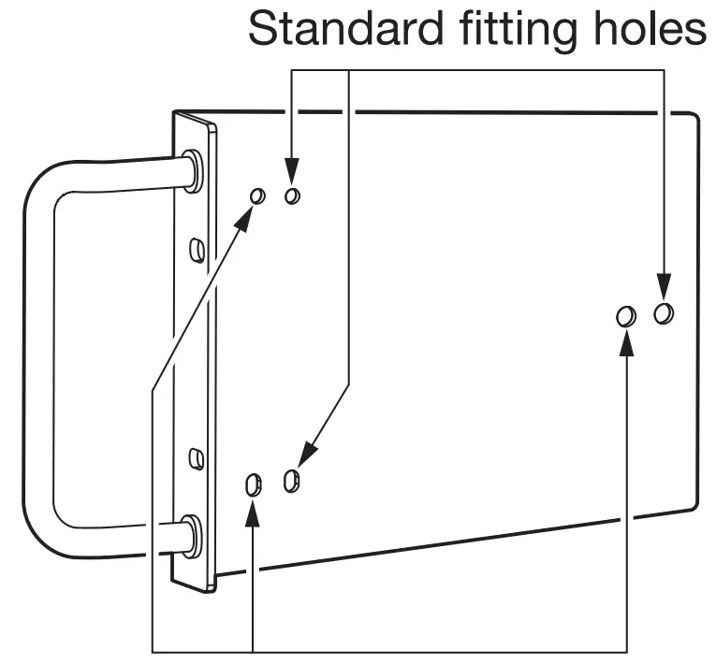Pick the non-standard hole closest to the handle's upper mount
pos(257,195)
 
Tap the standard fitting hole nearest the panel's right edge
pos(664,311)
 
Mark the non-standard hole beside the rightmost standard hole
pos(626,316)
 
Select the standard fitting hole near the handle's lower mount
pos(291,482)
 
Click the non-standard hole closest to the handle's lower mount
pos(252,484)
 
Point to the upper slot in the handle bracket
pos(197,249)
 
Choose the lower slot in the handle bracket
pos(197,458)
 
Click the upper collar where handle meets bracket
pos(193,171)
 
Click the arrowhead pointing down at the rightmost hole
pos(664,284)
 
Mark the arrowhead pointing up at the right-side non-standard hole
pos(626,343)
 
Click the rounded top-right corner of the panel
pos(694,121)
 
